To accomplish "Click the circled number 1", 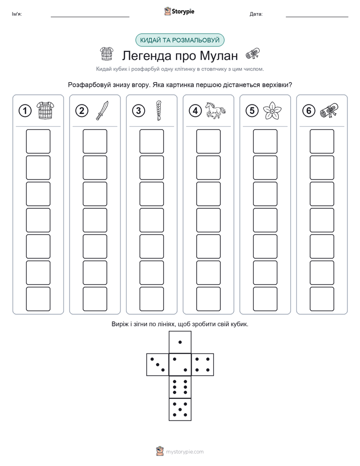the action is point(25,111).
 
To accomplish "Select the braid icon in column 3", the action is point(159,110).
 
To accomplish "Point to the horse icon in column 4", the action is point(215,110).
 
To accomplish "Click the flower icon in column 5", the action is point(272,110).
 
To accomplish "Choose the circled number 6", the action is point(309,111).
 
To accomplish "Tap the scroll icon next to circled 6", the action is point(329,110).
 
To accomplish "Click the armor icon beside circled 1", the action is point(45,110).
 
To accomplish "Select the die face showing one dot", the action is point(180,342).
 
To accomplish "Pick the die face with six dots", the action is point(180,387).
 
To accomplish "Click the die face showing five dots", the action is point(180,409).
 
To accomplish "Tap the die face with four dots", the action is point(203,365).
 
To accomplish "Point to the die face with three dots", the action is point(158,365).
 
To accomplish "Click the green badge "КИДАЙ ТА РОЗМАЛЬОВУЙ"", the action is point(179,40).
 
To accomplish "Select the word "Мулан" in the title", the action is point(219,55).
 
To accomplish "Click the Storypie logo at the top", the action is point(179,11).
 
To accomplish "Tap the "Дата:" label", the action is point(256,14).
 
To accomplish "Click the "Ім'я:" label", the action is point(17,14).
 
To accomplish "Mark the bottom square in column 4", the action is point(208,299).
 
